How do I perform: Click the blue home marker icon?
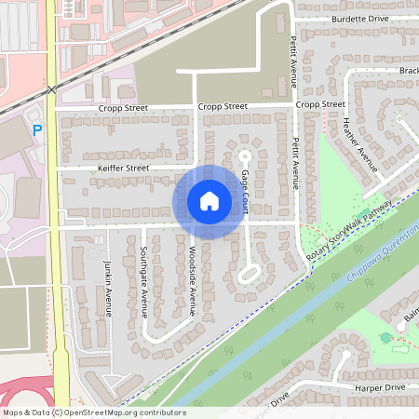(209, 201)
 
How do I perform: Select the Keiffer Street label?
(124, 168)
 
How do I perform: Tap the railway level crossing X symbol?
(53, 89)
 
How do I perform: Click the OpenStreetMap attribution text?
(94, 412)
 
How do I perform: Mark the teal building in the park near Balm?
(386, 337)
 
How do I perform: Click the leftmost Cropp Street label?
(124, 108)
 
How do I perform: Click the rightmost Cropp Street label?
(320, 105)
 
